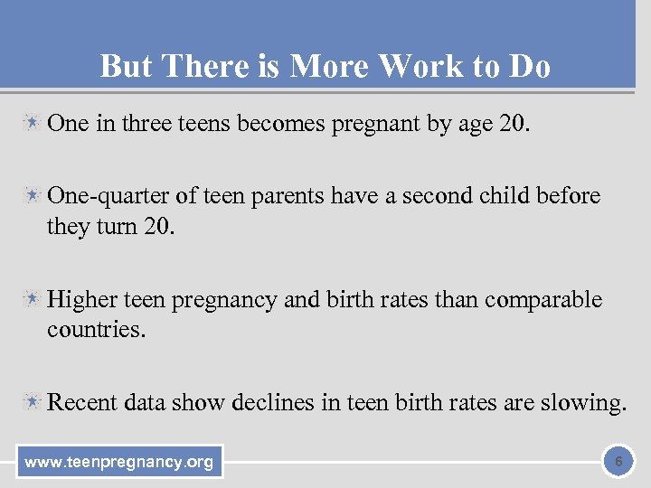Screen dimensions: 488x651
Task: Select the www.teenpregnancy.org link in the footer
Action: tap(119, 463)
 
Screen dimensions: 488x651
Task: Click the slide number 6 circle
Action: tap(618, 462)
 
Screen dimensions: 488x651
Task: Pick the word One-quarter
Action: tap(109, 195)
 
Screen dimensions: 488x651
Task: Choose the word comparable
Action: tap(543, 299)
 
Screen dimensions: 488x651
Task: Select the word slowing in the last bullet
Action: tap(582, 403)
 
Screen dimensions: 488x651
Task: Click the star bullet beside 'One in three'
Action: tap(33, 122)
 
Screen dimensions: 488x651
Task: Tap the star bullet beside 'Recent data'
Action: tap(33, 402)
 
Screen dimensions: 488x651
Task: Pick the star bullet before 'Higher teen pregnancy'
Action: tap(33, 299)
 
